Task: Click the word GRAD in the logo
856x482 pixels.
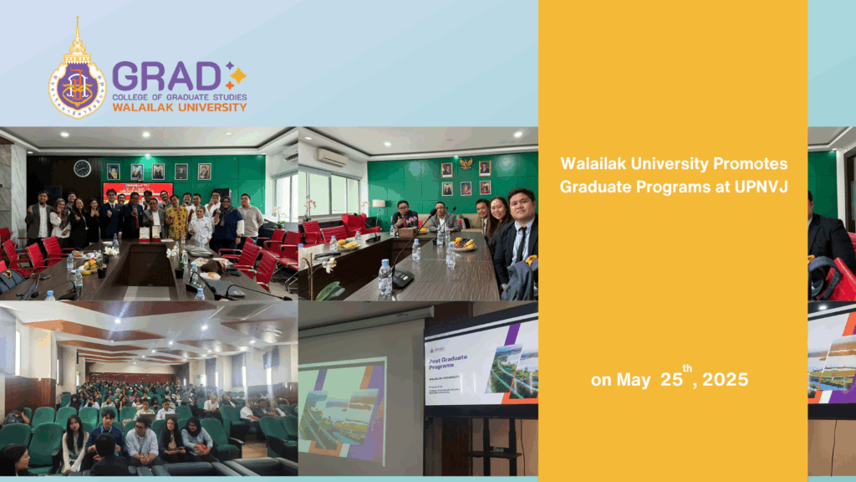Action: pyautogui.click(x=166, y=77)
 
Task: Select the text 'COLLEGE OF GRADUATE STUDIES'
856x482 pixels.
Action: pyautogui.click(x=179, y=97)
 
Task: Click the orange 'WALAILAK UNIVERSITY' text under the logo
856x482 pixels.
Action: pyautogui.click(x=179, y=107)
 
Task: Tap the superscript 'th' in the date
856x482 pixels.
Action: pyautogui.click(x=687, y=368)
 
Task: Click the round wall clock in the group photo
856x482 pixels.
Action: pyautogui.click(x=82, y=167)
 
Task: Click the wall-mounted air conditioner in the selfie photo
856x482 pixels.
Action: pyautogui.click(x=332, y=157)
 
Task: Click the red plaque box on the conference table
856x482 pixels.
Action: pyautogui.click(x=150, y=238)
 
